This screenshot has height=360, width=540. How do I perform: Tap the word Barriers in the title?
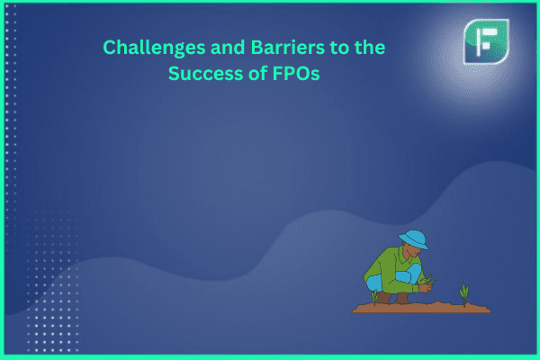pyautogui.click(x=288, y=47)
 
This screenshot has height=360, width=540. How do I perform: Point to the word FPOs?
pyautogui.click(x=296, y=74)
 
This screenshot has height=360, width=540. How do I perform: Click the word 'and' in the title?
pyautogui.click(x=228, y=47)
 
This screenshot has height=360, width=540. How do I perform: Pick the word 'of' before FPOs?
pyautogui.click(x=258, y=73)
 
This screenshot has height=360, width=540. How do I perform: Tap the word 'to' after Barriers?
pyautogui.click(x=339, y=48)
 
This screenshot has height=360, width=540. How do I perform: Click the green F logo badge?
pyautogui.click(x=486, y=41)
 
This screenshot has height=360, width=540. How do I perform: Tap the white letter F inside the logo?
pyautogui.click(x=485, y=41)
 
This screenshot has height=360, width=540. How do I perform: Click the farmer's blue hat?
pyautogui.click(x=414, y=239)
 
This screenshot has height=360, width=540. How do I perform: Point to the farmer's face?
pyautogui.click(x=412, y=251)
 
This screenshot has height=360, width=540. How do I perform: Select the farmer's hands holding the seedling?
pyautogui.click(x=426, y=286)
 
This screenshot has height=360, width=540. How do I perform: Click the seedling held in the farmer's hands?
pyautogui.click(x=429, y=280)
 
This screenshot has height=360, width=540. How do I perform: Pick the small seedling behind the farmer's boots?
pyautogui.click(x=374, y=297)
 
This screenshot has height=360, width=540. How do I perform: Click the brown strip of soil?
pyautogui.click(x=421, y=307)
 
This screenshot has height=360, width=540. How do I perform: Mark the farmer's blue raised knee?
pyautogui.click(x=409, y=274)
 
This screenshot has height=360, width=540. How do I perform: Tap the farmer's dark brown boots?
pyautogui.click(x=392, y=298)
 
